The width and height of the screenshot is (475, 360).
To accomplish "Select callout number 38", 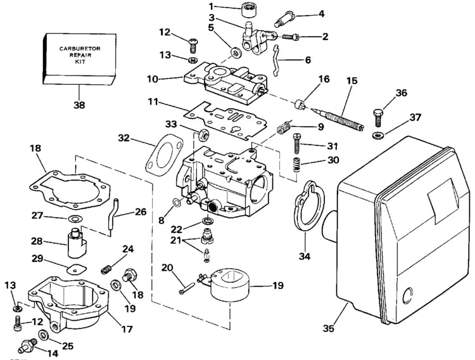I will pos(79,106).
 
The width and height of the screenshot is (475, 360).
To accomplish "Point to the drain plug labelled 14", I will pos(26,347).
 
